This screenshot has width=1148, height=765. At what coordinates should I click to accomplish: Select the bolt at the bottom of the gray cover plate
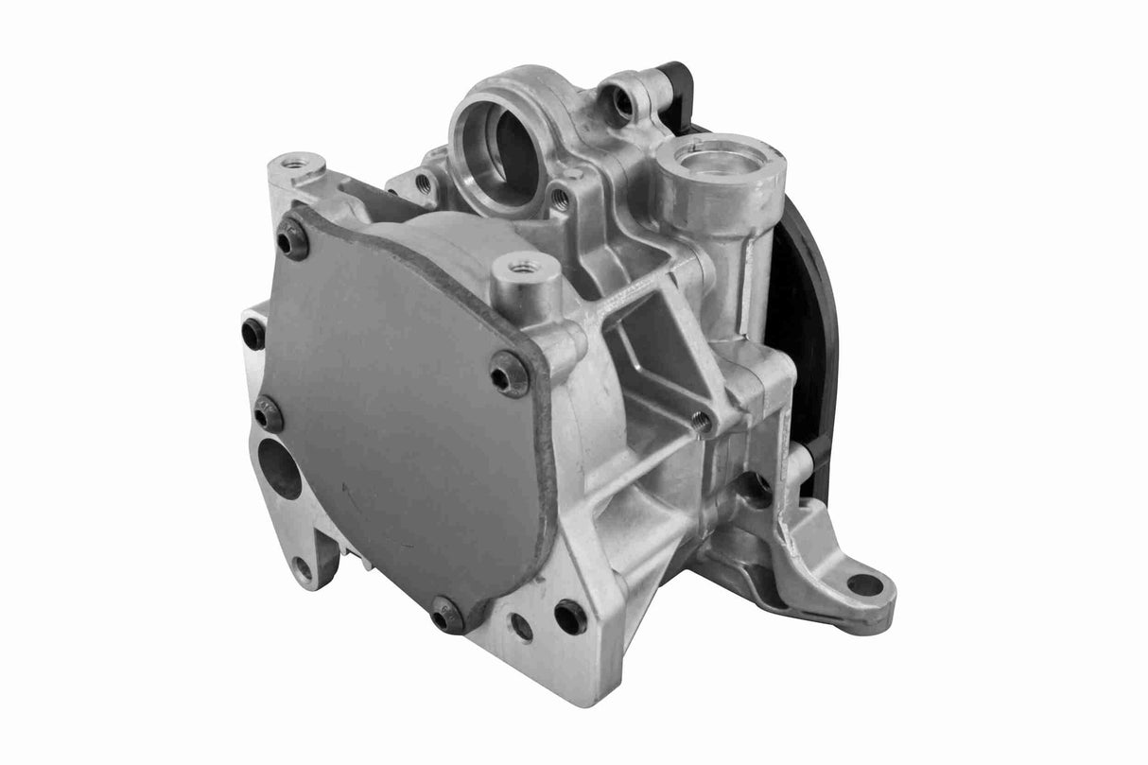click(446, 616)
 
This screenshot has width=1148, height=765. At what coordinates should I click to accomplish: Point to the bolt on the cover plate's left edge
click(268, 413)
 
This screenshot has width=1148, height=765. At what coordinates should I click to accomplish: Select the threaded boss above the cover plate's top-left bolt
click(296, 165)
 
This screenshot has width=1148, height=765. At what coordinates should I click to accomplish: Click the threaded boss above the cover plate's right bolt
click(523, 269)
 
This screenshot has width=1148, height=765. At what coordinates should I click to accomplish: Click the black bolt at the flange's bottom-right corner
click(570, 617)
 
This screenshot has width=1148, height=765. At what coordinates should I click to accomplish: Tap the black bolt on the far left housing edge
click(253, 333)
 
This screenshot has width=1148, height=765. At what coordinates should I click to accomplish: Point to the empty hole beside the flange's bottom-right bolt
click(521, 627)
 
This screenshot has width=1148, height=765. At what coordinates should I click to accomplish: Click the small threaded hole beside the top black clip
click(624, 102)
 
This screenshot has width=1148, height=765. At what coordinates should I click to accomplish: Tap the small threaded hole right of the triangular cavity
click(701, 422)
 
